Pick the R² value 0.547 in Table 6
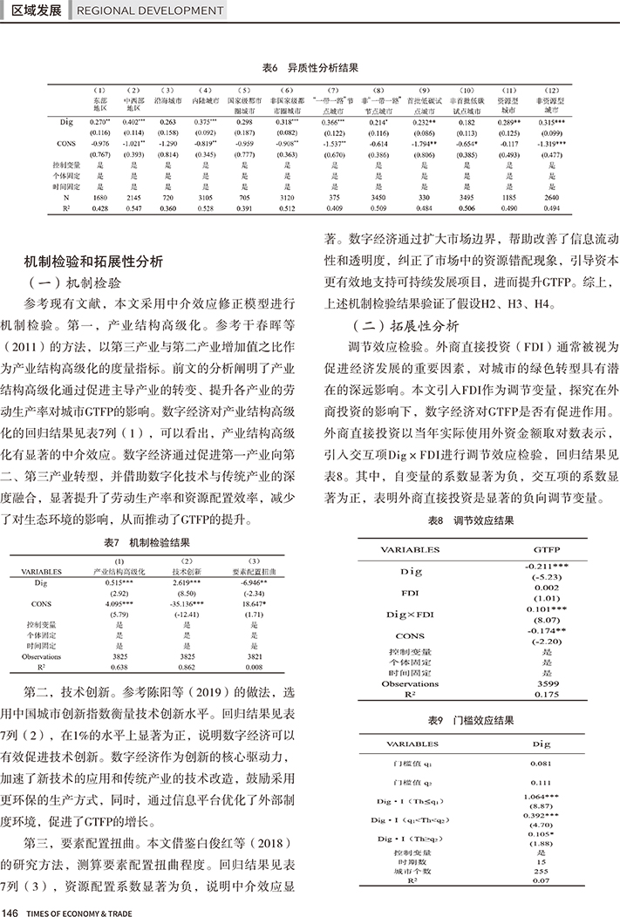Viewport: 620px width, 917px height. (134, 209)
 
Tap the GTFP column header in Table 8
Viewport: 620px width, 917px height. (546, 551)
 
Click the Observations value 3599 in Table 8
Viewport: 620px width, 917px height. (546, 683)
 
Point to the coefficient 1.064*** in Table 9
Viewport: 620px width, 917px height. (542, 797)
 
